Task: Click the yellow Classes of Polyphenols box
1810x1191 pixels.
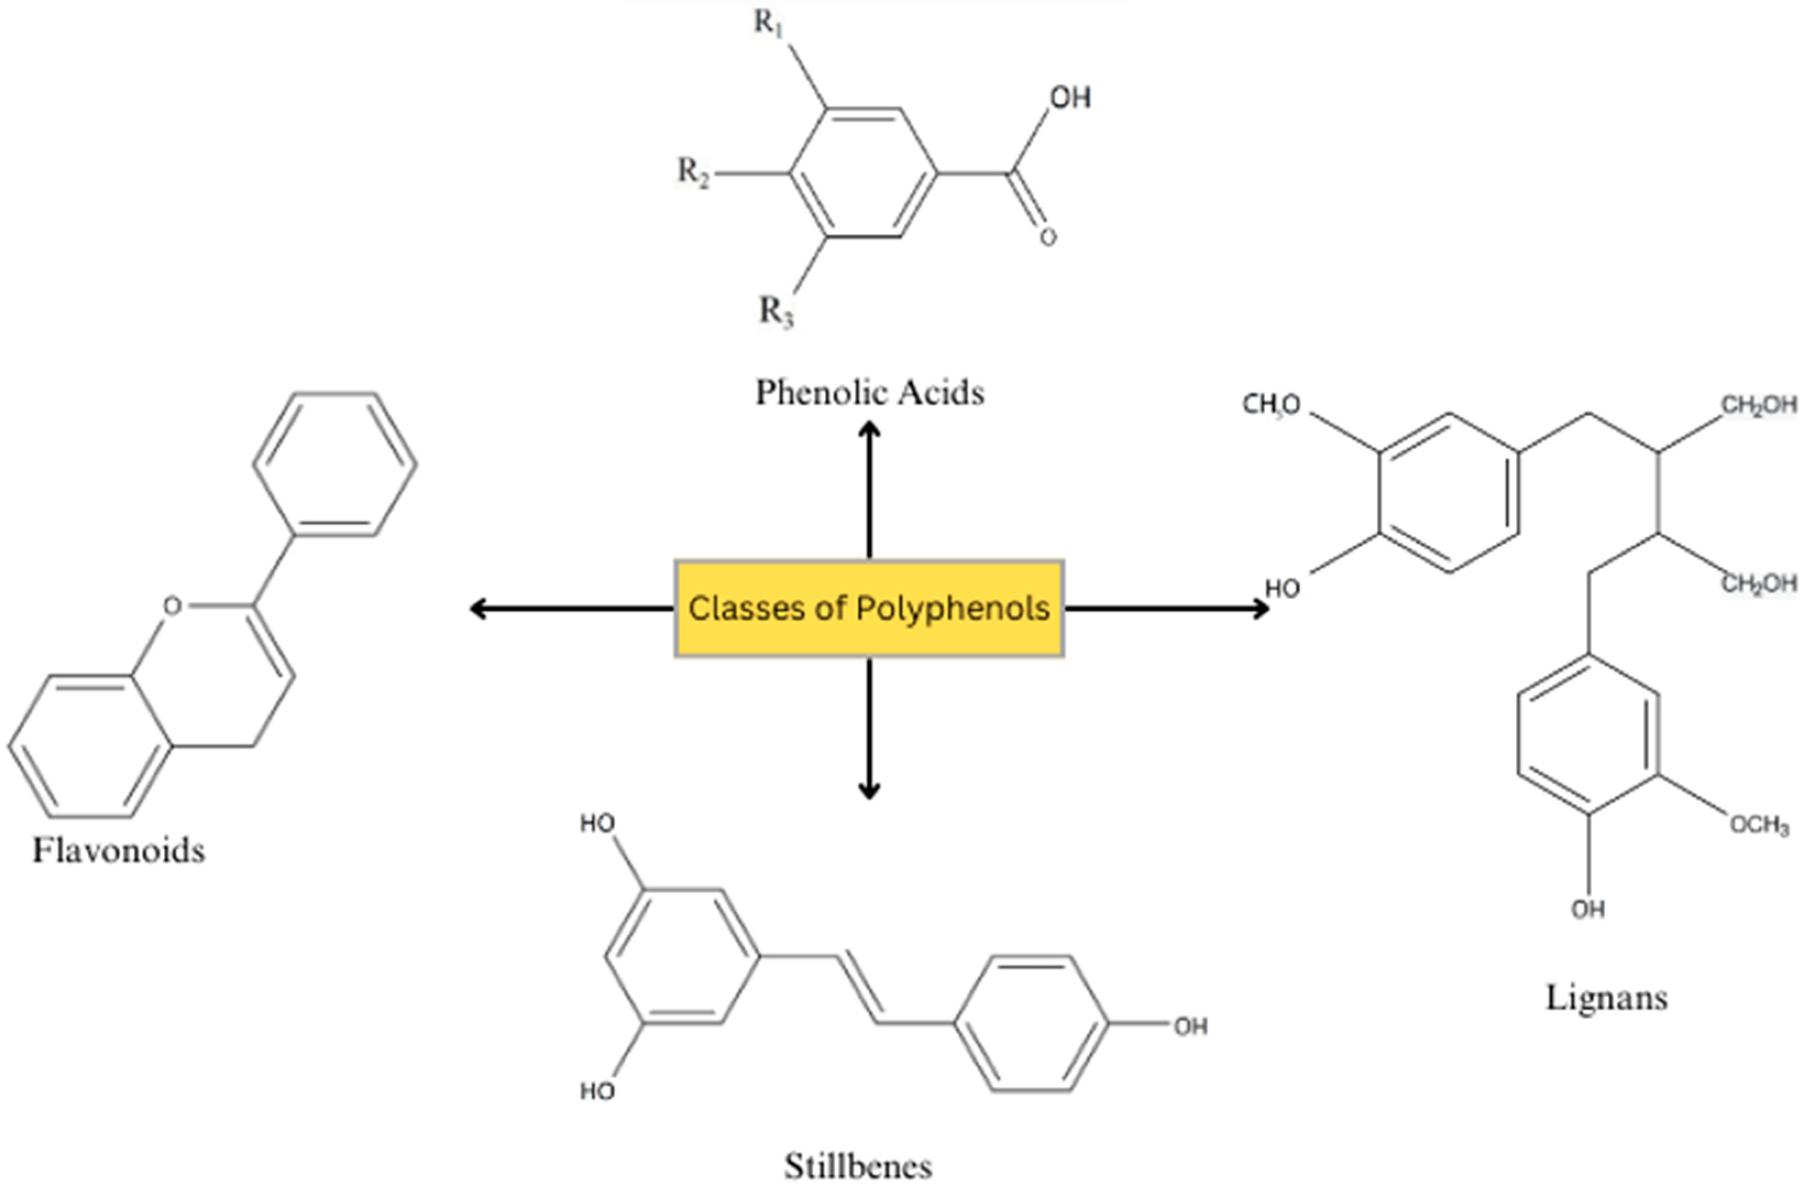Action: point(868,608)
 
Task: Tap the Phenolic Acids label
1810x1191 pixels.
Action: point(870,392)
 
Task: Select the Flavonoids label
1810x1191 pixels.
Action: point(119,851)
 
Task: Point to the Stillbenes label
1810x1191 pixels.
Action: point(858,1166)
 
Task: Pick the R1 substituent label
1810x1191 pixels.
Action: point(769,24)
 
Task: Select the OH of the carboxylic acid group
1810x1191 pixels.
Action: point(1070,97)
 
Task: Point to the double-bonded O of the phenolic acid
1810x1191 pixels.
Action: point(1048,237)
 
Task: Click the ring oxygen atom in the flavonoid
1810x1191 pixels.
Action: point(173,606)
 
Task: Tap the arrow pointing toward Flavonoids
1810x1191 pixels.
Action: point(570,608)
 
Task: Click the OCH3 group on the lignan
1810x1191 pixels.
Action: point(1758,826)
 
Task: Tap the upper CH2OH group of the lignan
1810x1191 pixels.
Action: point(1758,406)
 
